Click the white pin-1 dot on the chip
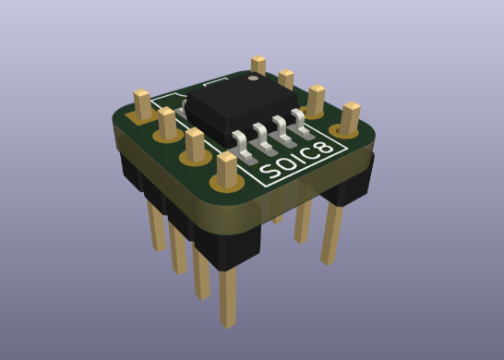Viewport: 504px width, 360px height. (252, 81)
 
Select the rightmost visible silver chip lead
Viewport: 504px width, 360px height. (298, 117)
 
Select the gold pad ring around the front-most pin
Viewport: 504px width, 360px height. (227, 184)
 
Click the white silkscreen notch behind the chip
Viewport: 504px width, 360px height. (216, 83)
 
